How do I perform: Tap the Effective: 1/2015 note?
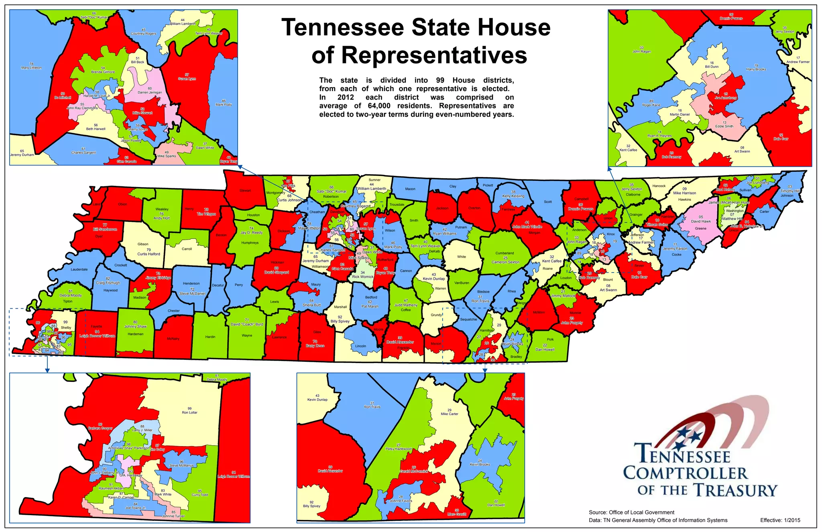click(x=780, y=520)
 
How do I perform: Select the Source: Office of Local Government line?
click(x=631, y=512)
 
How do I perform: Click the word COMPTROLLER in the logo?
click(x=685, y=474)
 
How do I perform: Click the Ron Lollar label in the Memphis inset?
click(x=189, y=412)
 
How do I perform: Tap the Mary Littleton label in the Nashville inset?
click(x=31, y=68)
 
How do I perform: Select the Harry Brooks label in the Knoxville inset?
click(x=756, y=69)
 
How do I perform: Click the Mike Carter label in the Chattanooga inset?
click(x=449, y=414)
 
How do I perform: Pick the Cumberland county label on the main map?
click(x=504, y=253)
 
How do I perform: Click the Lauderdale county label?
click(x=79, y=269)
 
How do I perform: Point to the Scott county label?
click(x=547, y=202)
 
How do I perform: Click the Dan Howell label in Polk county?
click(x=545, y=349)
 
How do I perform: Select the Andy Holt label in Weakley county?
click(x=161, y=218)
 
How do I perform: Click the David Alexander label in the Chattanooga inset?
click(x=330, y=471)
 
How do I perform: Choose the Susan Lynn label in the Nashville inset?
click(x=187, y=79)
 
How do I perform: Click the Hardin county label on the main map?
click(x=210, y=337)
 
